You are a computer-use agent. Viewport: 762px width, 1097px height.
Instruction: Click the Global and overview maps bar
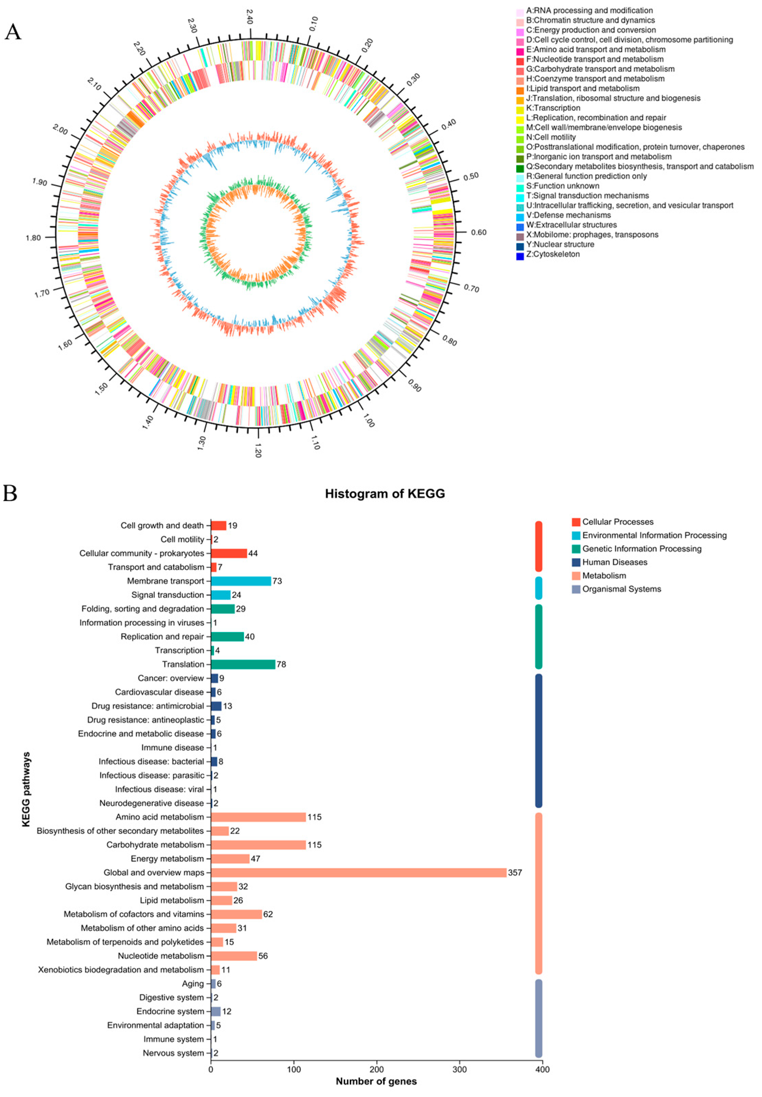point(358,873)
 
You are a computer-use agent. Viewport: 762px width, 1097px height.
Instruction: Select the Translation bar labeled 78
point(243,664)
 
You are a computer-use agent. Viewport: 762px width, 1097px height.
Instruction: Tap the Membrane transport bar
point(241,581)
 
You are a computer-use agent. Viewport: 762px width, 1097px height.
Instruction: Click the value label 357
point(515,873)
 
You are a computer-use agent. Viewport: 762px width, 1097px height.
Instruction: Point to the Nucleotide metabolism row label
point(161,956)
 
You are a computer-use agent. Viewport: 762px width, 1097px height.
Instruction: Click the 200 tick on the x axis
point(377,1069)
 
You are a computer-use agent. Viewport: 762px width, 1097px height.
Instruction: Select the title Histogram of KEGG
point(385,494)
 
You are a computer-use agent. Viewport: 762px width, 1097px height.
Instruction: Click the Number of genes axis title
point(376,1081)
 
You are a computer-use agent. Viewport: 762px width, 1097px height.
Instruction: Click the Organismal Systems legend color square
point(576,589)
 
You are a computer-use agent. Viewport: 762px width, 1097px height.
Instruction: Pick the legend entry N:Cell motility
point(551,137)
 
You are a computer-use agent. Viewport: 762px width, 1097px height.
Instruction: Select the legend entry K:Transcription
point(553,108)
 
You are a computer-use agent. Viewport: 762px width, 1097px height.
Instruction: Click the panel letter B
point(11,493)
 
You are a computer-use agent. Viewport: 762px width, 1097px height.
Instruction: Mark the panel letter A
point(13,32)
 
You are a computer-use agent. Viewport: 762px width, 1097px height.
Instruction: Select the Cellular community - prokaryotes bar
point(229,553)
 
